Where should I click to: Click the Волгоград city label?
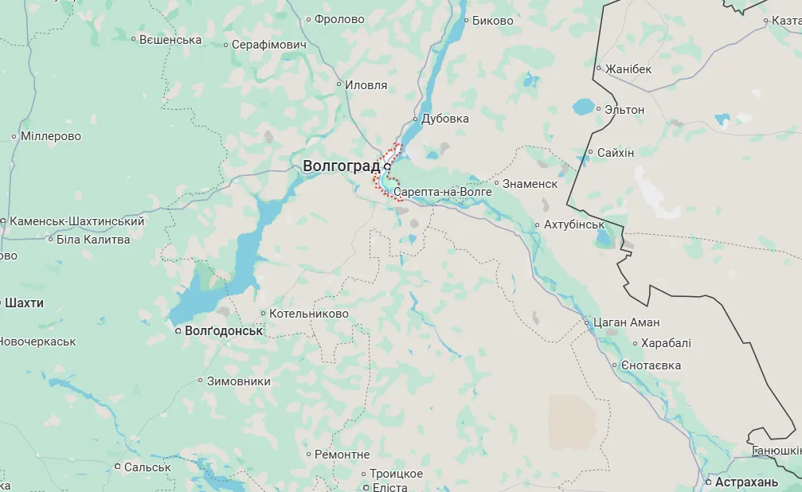coord(341,166)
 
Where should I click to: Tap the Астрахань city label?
coord(746,482)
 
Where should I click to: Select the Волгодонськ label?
coord(223,330)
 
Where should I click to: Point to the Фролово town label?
coord(339,19)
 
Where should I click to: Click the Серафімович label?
coord(269,45)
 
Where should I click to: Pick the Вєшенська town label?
coord(170,39)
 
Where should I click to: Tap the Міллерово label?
coord(51,136)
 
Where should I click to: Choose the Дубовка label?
coord(445,119)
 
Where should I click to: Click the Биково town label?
coord(492,21)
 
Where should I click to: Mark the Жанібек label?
coord(628,69)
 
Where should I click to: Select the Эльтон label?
coord(624,109)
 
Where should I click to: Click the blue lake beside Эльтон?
coord(584,106)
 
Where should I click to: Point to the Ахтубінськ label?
coord(574,225)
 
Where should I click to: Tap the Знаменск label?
coord(530,184)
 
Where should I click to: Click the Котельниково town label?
coord(309,314)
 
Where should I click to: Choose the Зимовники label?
coord(238,381)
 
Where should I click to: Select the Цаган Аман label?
coord(627,322)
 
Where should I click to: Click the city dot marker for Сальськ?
coord(117,467)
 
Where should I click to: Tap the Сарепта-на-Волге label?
coord(443,193)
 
